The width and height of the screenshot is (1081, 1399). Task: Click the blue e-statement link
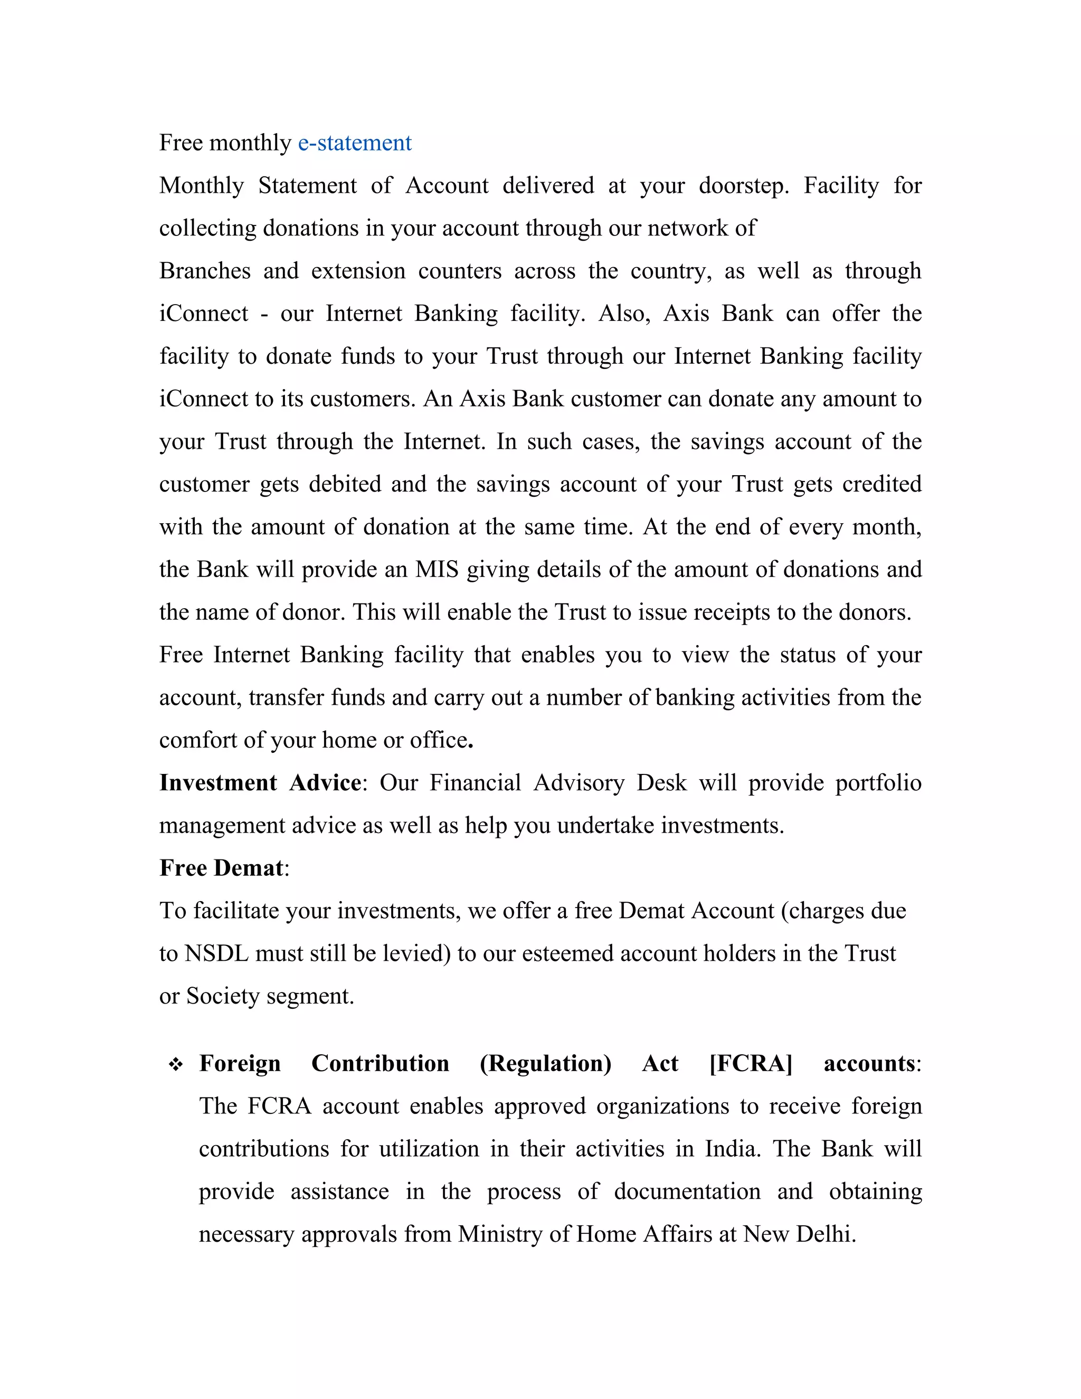[x=354, y=143]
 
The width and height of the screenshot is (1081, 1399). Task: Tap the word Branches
[x=205, y=271]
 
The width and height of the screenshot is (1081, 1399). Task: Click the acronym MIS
[x=436, y=570]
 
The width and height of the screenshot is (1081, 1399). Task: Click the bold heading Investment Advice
[x=260, y=783]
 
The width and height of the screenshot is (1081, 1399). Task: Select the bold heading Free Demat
[x=221, y=868]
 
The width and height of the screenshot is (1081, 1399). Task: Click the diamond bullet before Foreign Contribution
[x=175, y=1065]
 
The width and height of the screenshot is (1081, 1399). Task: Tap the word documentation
[x=687, y=1192]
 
